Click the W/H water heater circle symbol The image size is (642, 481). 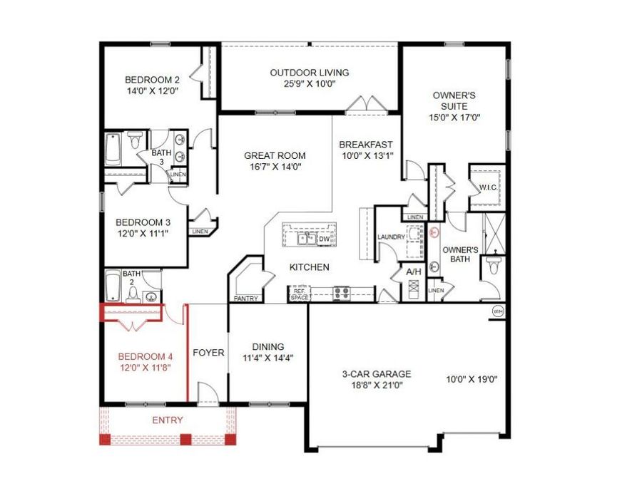point(498,311)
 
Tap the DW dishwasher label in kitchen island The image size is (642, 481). point(324,239)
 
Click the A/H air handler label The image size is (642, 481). point(414,272)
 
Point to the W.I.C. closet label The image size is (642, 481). point(489,187)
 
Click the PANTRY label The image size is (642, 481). point(245,299)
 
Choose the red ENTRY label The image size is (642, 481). point(168,420)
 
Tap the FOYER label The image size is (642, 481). point(209,353)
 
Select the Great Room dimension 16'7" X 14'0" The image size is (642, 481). point(275,167)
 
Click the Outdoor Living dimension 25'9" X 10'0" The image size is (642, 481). point(309,84)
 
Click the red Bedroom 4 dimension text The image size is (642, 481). point(144,368)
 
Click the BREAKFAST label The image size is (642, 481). point(365,145)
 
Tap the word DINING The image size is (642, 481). point(267,347)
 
